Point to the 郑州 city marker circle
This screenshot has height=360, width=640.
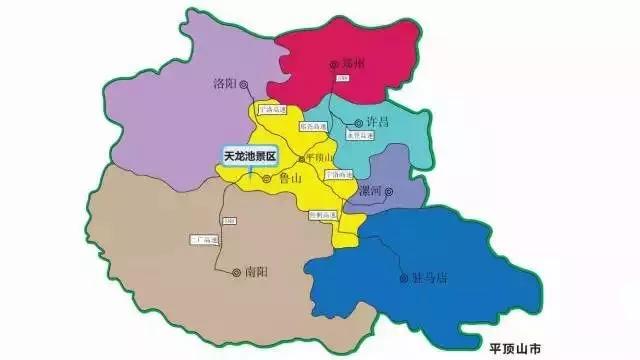(x=334, y=65)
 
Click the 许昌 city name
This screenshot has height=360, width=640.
(x=377, y=121)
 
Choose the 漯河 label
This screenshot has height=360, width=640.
(x=369, y=190)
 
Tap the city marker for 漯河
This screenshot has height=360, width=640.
(x=390, y=190)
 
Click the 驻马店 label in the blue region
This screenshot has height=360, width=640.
(x=431, y=277)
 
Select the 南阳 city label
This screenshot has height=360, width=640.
(x=257, y=271)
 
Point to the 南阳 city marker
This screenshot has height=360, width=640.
(x=236, y=271)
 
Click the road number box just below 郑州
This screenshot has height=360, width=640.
(x=341, y=77)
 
